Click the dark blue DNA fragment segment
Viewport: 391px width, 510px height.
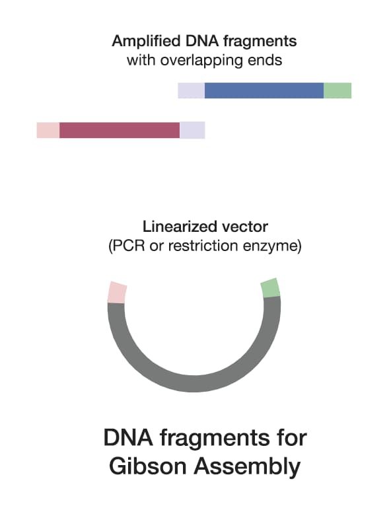tap(264, 91)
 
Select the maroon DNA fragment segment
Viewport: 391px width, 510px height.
tap(120, 130)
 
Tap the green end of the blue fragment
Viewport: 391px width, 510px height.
tap(338, 91)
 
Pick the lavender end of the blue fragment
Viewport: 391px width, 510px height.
tap(192, 91)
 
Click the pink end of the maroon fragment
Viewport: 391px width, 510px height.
tap(48, 130)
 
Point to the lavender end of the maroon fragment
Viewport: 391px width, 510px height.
tap(192, 130)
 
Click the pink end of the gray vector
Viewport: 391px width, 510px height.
tap(116, 292)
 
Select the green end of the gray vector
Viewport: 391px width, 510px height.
tap(270, 287)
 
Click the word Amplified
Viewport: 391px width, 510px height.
tap(143, 41)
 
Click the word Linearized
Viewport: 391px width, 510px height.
tap(174, 229)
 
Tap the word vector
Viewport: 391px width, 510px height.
tap(232, 229)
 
